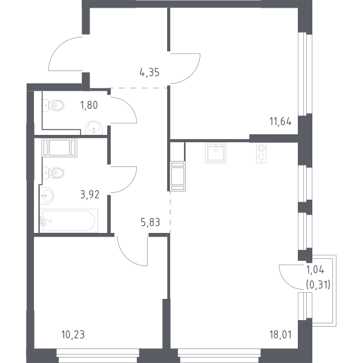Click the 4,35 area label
tap(150, 73)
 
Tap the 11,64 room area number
tap(280, 122)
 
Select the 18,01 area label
tap(280, 335)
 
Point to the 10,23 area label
tap(73, 335)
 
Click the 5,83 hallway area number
tap(150, 222)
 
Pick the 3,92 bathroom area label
tap(90, 195)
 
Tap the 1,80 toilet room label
tap(89, 105)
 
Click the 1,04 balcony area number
tap(315, 270)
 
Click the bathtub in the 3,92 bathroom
tap(68, 221)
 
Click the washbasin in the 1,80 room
tap(94, 128)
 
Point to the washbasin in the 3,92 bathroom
tap(47, 195)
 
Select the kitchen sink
tap(216, 152)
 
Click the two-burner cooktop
tap(261, 152)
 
